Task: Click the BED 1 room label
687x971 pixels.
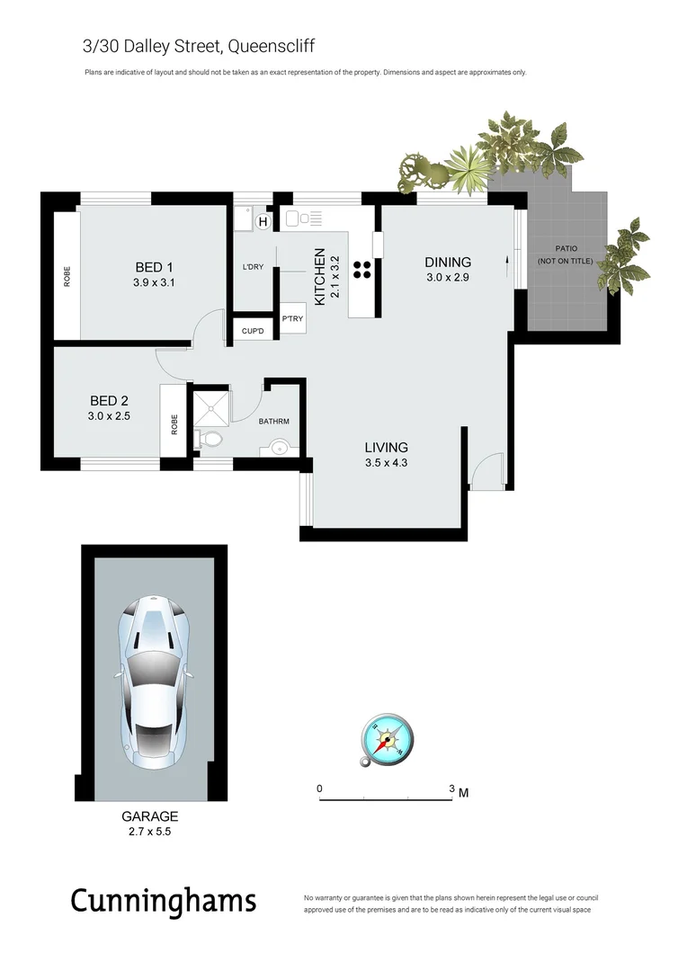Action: pos(153,267)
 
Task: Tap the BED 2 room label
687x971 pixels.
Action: pos(109,401)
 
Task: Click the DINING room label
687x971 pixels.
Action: pos(448,263)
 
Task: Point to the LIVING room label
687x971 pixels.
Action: pos(386,447)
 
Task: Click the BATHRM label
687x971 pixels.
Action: pos(273,421)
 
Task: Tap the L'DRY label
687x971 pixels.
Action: pos(253,267)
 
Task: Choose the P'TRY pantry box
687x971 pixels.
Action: pos(292,319)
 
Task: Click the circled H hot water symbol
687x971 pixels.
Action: pos(263,221)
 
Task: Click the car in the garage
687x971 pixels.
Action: pos(154,681)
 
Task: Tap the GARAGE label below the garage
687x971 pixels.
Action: pos(149,816)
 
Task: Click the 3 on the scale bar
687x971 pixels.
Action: pos(451,788)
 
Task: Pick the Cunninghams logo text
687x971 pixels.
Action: pos(163,901)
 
